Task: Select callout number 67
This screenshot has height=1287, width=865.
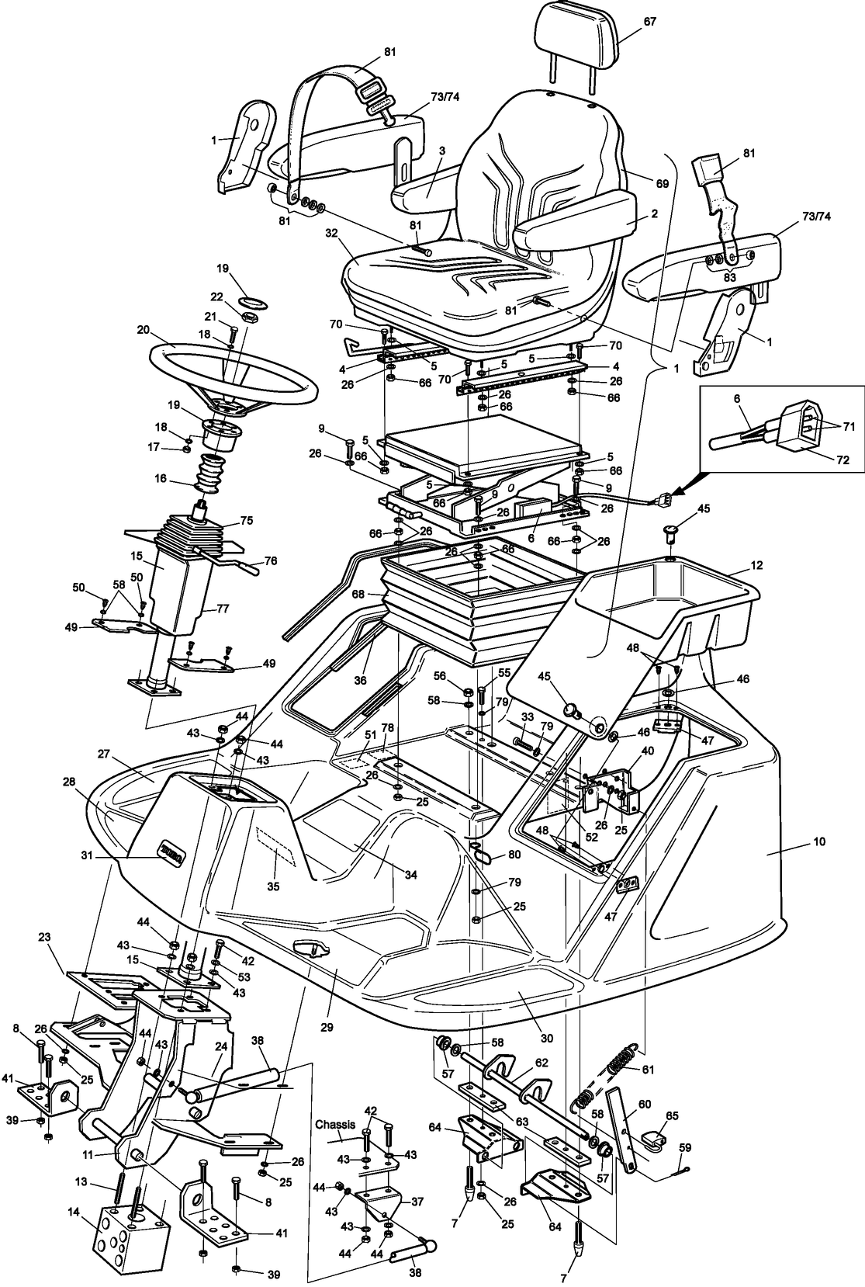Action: coord(649,22)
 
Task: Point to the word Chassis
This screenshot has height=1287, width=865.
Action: coord(334,1123)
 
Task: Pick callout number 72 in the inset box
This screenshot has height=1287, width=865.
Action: coord(842,460)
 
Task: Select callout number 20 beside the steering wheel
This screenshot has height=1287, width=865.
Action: coord(143,329)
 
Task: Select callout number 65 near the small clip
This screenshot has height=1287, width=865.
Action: coord(671,1115)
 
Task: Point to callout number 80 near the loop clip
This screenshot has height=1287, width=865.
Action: coord(515,855)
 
